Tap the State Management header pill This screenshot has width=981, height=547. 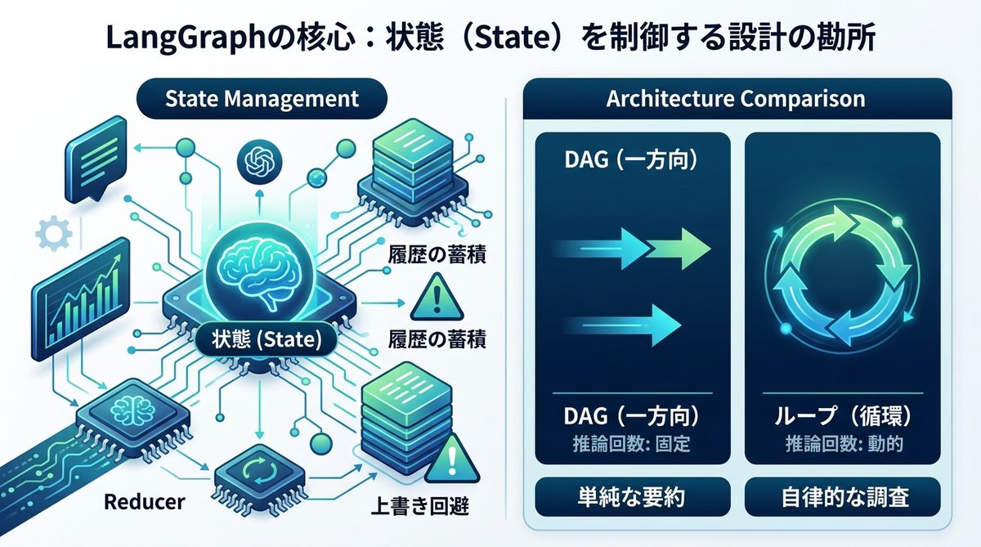coord(262,99)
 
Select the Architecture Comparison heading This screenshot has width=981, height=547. coord(736,99)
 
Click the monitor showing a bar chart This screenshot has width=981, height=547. coord(80,299)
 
